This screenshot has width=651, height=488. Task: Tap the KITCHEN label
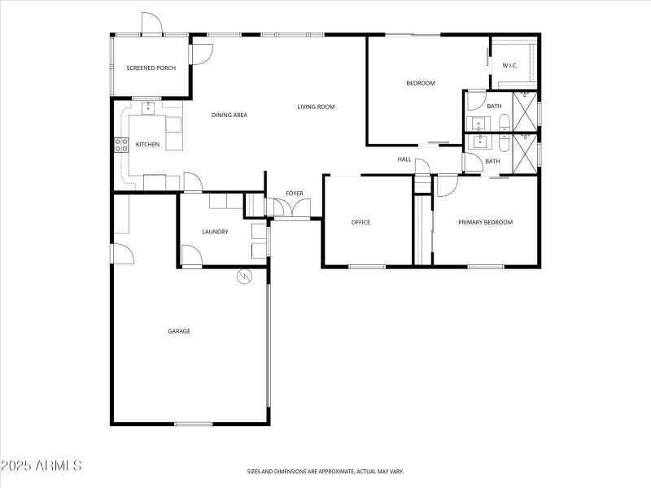147,145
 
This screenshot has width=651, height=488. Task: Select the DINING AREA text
229,115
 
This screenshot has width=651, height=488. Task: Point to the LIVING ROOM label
316,107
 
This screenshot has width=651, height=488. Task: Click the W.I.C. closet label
510,65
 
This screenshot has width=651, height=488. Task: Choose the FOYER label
294,194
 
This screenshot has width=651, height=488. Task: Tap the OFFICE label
360,222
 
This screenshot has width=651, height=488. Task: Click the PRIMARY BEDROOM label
485,222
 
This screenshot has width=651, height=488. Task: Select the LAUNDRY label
215,232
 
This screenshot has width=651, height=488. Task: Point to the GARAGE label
179,331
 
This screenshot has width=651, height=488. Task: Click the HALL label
404,159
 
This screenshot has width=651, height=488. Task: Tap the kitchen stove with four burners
121,146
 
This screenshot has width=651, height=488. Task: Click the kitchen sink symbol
149,107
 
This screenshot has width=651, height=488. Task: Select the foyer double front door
289,211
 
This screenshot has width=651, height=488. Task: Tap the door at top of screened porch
151,26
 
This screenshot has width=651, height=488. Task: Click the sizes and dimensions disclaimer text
325,471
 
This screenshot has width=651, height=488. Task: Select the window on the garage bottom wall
193,424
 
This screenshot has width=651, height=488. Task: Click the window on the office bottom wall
367,266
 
